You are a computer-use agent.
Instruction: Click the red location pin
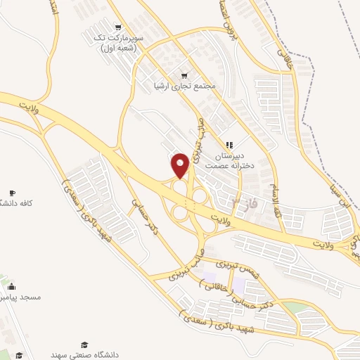[181, 165]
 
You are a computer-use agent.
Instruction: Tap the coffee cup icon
[12, 193]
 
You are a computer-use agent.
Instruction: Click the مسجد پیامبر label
[21, 297]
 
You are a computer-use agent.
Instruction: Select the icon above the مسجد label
[12, 286]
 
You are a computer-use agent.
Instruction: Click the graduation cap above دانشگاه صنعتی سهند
[84, 345]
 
